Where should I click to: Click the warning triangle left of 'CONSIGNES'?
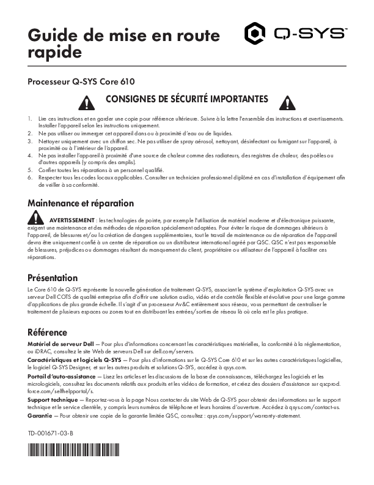(90, 102)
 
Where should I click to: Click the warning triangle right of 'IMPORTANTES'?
(284, 102)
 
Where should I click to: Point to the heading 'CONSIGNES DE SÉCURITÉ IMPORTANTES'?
(186, 99)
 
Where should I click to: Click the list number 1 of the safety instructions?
(31, 118)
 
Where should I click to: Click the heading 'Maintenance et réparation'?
(81, 203)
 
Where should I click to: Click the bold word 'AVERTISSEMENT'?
(72, 219)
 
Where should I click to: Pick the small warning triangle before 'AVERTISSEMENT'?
(37, 217)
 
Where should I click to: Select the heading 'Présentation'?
(53, 277)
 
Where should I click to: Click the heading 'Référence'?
(47, 333)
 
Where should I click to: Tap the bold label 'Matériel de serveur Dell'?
(60, 345)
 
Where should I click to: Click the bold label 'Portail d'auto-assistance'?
(62, 376)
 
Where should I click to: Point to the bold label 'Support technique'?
(53, 399)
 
